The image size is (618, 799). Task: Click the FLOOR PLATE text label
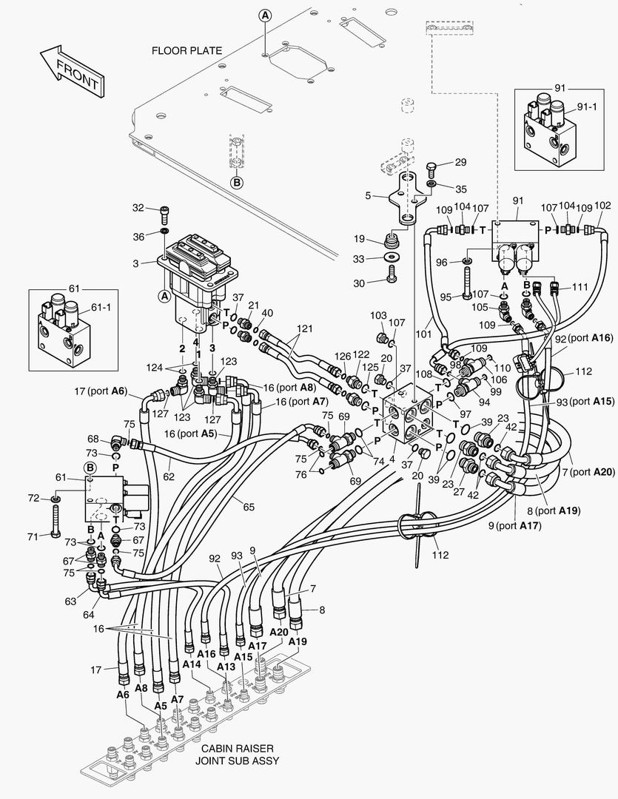coord(187,51)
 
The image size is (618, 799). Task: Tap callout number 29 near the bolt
coord(460,162)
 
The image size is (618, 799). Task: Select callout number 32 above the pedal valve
coord(138,209)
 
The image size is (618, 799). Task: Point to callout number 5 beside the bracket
coord(368,196)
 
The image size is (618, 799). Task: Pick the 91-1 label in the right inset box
coord(586,107)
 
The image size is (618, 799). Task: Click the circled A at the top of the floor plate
coord(265,15)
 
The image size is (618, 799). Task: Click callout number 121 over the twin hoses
coord(303,328)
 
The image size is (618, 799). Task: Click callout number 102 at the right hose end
coord(603,206)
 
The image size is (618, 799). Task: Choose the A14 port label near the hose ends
coord(191,664)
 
